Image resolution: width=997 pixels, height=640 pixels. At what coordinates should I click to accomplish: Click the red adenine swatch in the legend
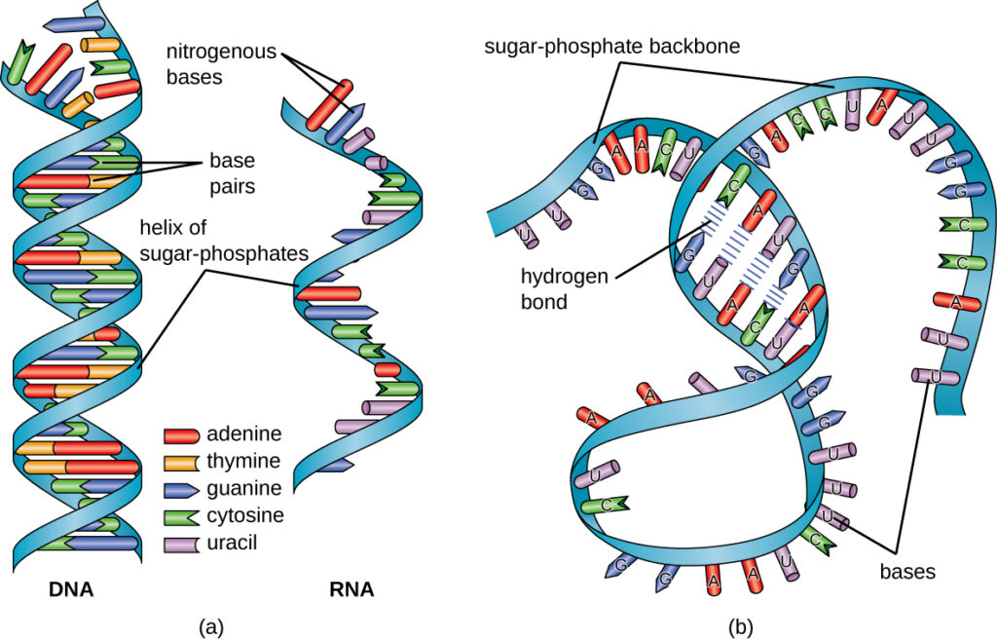tap(182, 435)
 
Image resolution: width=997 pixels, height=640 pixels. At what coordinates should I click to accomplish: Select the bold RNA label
tap(351, 589)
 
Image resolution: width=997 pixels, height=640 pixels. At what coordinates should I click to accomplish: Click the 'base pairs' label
tap(231, 170)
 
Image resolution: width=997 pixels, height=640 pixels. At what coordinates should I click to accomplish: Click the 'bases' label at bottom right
tap(907, 572)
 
